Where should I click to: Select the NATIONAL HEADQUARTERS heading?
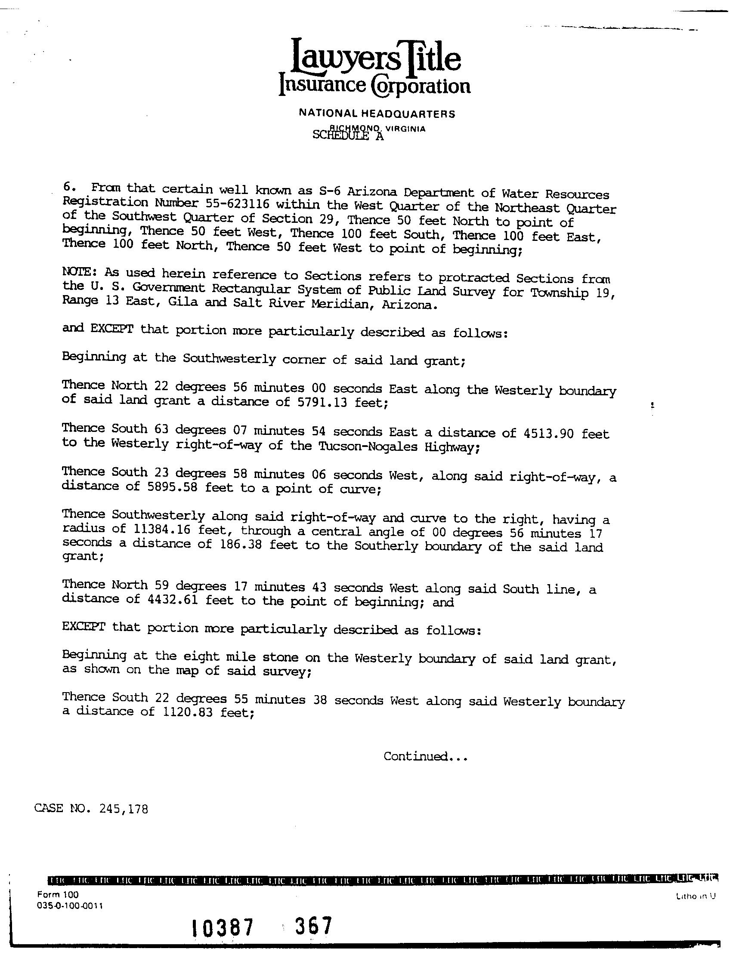pos(377,114)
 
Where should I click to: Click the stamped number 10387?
pos(223,929)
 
